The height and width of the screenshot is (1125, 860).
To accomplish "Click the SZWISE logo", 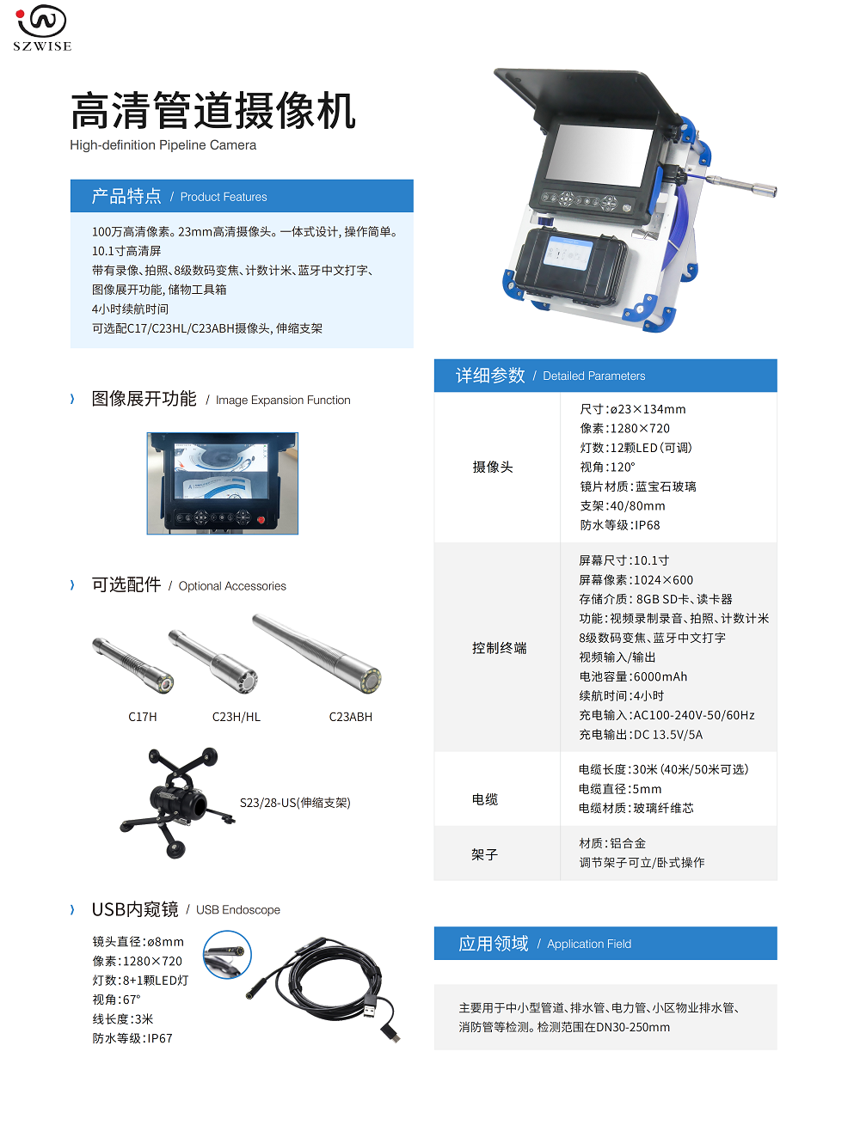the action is tap(42, 28).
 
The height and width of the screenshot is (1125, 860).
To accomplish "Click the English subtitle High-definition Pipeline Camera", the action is tap(163, 145).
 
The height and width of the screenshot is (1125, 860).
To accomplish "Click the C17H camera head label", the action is tap(143, 717).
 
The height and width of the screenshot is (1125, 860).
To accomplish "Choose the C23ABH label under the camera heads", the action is tap(351, 717).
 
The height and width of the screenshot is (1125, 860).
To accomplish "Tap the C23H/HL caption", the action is tap(236, 717).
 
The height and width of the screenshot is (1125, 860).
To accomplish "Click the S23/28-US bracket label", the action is tap(295, 802).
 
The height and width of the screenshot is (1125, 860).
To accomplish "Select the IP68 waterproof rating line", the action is tap(620, 525).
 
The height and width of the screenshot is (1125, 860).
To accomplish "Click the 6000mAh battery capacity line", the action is tap(633, 676).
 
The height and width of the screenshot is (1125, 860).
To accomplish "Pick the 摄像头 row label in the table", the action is tap(492, 467).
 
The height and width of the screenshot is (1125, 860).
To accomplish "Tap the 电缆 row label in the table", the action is tap(485, 799).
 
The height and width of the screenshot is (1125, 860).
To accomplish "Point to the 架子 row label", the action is tap(485, 854).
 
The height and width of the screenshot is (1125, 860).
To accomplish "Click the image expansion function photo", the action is tap(223, 483).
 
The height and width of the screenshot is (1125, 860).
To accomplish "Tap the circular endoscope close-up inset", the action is tap(227, 954).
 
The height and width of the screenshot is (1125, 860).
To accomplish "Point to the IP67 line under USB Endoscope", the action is tap(132, 1038).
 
